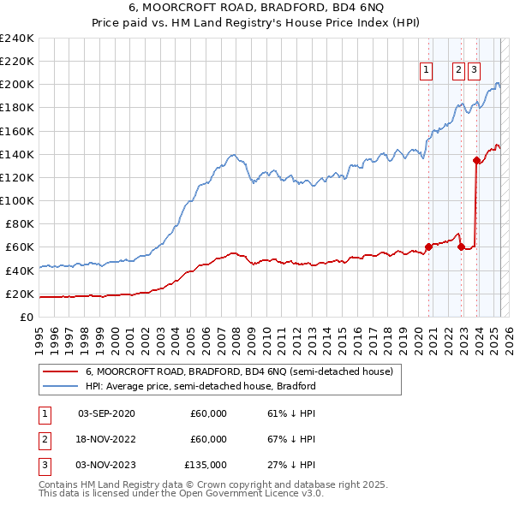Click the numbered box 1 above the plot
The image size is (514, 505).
tap(426, 71)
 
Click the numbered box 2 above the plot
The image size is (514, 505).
tap(458, 71)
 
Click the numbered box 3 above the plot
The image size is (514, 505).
tap(474, 71)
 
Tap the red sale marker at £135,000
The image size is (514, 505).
tap(475, 160)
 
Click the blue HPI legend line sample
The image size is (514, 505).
tap(59, 386)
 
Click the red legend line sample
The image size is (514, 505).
tap(59, 371)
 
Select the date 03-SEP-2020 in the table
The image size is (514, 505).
tap(106, 413)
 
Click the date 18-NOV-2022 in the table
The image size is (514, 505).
tap(106, 439)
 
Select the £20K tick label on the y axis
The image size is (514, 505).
tap(21, 294)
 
